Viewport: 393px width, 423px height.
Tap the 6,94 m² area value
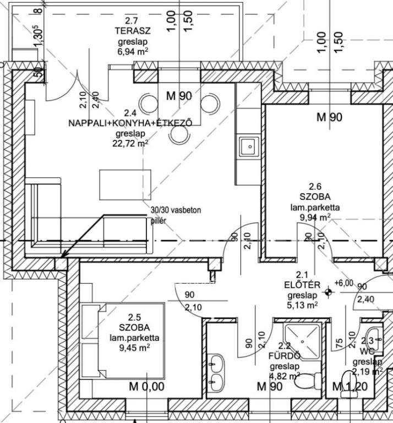click(133, 51)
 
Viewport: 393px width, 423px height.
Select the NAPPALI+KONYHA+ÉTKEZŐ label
click(130, 123)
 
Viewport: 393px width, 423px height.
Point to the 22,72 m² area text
click(132, 143)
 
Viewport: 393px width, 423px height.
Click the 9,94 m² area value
click(315, 217)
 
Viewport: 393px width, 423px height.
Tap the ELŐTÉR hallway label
click(302, 284)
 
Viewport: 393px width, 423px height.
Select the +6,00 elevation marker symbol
click(329, 292)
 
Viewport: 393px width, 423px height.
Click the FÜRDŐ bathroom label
click(284, 356)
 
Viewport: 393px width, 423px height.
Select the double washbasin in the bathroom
click(217, 372)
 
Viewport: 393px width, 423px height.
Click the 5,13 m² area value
click(302, 305)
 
